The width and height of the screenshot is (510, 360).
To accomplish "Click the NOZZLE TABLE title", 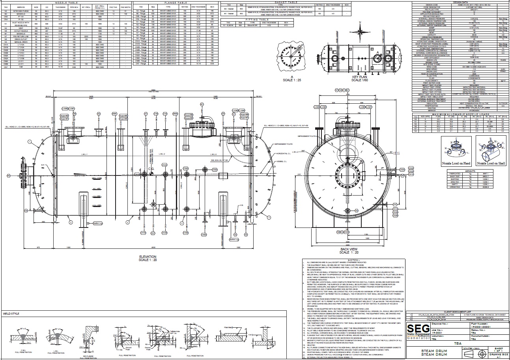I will (66, 2).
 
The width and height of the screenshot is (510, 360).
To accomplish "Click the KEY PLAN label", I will (359, 77).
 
